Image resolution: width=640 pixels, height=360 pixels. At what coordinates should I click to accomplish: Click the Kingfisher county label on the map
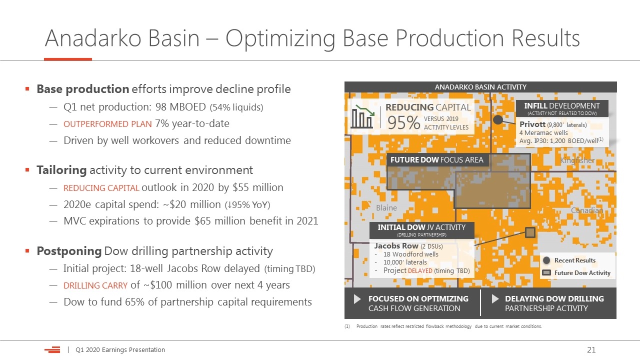(577, 160)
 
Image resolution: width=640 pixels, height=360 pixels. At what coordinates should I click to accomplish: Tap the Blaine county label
(386, 207)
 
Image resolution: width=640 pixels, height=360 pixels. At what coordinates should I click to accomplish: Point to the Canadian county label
(587, 210)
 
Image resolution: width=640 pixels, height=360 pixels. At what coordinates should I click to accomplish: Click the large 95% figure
(403, 122)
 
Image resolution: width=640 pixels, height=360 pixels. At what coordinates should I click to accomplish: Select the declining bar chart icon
(362, 116)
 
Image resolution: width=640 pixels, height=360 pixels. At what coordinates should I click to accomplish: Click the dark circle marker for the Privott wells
(498, 119)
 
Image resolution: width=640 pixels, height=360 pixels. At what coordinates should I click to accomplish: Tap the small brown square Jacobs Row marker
(530, 232)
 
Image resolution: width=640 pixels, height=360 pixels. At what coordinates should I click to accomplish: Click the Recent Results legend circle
(546, 260)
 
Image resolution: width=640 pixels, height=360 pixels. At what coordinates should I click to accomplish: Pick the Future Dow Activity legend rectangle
(546, 272)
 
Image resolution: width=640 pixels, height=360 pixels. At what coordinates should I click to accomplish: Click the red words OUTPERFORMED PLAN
(107, 124)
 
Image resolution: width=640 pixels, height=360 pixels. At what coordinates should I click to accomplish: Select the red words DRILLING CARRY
(95, 285)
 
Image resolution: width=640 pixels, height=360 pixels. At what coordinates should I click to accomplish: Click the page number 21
(591, 349)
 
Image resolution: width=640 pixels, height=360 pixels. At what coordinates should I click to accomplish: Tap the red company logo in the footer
(52, 349)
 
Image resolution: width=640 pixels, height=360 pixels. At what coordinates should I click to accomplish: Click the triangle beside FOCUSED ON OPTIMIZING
(357, 299)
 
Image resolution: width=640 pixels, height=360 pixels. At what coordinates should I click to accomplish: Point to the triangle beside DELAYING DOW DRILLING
(495, 299)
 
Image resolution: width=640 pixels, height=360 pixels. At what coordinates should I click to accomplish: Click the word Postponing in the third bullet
(69, 251)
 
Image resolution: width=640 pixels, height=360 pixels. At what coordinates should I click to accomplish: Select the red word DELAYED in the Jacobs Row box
(420, 270)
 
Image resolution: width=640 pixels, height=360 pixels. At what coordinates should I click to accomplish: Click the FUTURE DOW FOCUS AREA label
(437, 159)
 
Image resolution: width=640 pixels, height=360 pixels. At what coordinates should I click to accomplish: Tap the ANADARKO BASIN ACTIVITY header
(480, 87)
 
